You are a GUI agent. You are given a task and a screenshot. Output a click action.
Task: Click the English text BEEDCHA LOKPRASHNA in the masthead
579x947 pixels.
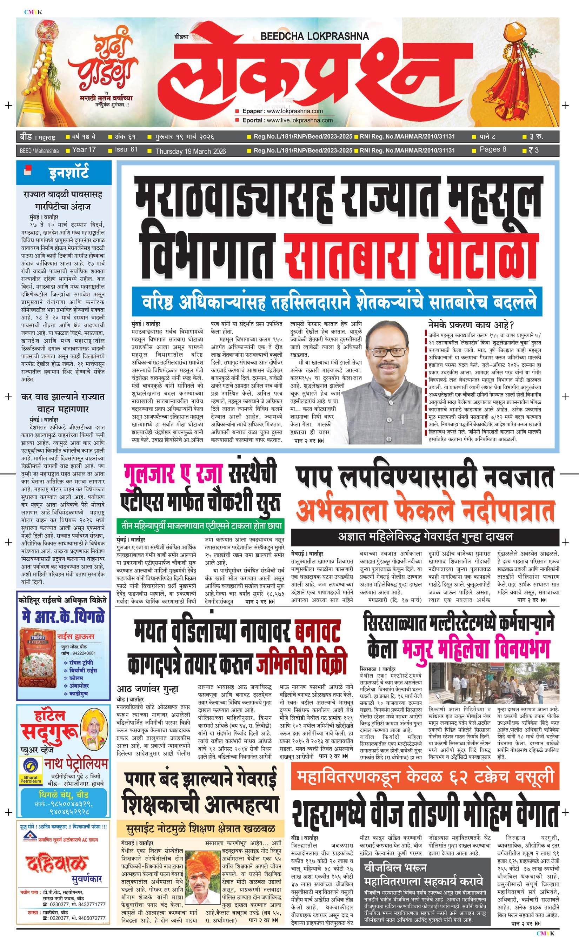pyautogui.click(x=314, y=36)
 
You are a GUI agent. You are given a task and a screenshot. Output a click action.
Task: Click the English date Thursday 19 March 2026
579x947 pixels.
pyautogui.click(x=190, y=151)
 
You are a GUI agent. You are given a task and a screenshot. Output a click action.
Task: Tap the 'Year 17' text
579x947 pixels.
pyautogui.click(x=84, y=150)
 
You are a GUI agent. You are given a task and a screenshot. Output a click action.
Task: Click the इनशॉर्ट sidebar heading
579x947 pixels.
pyautogui.click(x=69, y=173)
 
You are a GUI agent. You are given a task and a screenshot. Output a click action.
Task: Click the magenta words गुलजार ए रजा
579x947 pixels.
pyautogui.click(x=173, y=475)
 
